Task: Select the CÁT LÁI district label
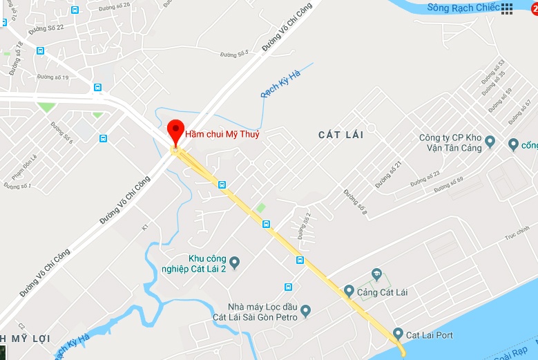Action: [340, 135]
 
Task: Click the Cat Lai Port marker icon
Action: [398, 334]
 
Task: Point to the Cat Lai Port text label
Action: [430, 335]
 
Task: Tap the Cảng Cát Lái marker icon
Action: [349, 292]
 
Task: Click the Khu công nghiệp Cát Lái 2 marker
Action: [234, 263]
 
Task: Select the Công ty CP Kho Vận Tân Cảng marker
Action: [490, 142]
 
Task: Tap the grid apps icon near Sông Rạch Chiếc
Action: [507, 8]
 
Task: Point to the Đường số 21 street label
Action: [388, 175]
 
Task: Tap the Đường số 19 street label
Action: [53, 77]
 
